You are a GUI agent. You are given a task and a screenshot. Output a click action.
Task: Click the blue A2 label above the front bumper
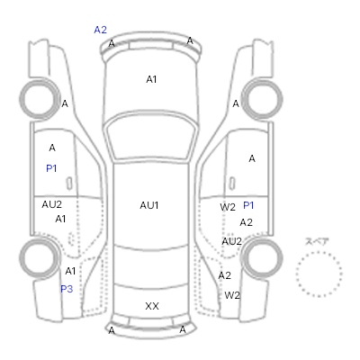pos(100,30)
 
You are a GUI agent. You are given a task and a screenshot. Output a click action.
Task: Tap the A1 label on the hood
pos(151,79)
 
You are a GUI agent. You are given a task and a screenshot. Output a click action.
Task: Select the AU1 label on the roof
pos(149,205)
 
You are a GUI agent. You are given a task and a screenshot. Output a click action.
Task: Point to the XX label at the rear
pos(152,306)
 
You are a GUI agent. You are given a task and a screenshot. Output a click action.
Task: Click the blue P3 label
pos(67,289)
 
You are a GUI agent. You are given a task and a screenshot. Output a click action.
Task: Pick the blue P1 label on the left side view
pos(51,168)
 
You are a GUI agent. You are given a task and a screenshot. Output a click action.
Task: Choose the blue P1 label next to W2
pos(248,205)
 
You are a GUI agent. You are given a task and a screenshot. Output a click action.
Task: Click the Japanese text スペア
pos(317,241)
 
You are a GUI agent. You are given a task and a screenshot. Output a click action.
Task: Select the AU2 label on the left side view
pos(51,204)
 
